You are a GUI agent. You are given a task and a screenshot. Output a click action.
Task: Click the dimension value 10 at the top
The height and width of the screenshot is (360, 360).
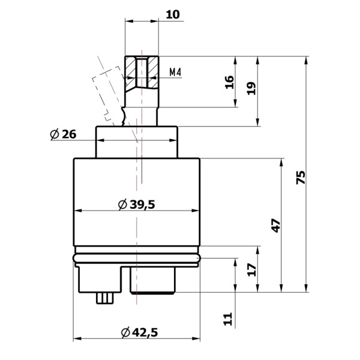[x=173, y=13]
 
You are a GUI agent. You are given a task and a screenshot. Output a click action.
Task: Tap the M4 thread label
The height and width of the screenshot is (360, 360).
[x=175, y=72]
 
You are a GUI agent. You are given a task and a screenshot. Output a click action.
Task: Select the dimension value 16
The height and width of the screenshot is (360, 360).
[x=229, y=82]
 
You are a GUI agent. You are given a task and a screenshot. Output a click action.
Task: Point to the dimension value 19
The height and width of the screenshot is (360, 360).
[x=251, y=88]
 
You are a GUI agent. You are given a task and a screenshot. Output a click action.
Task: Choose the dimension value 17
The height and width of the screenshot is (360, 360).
[x=251, y=269]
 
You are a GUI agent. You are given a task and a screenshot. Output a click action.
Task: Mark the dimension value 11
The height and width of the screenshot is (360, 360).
[x=227, y=318]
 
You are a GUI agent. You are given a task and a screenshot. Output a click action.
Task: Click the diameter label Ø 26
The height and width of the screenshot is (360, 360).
[x=63, y=134]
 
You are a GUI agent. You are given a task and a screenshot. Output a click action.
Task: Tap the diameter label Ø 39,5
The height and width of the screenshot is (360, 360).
[x=137, y=205]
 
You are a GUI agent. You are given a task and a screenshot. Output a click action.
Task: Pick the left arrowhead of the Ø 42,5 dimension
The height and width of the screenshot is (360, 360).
[x=76, y=340]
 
